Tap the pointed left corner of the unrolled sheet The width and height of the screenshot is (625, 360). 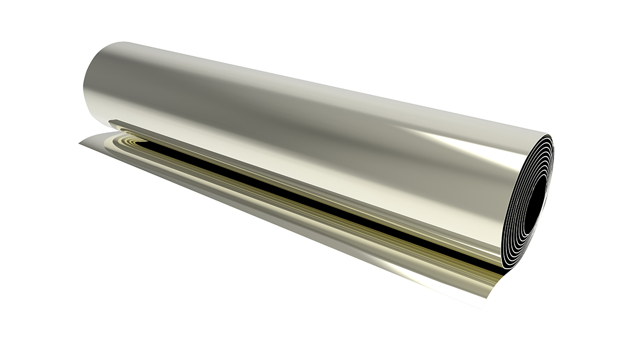[x=80, y=144]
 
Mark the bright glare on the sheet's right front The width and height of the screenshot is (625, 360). [x=439, y=275]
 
